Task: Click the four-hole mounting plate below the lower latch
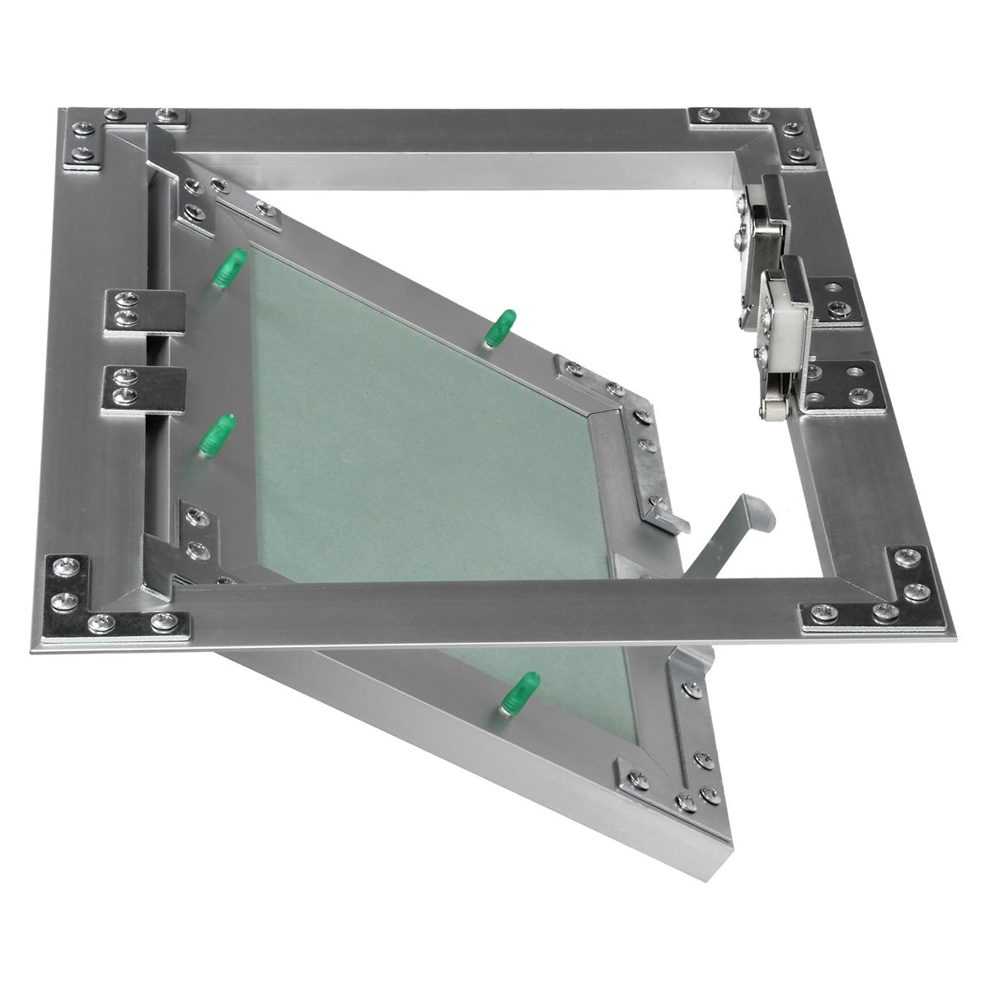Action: pos(845,385)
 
